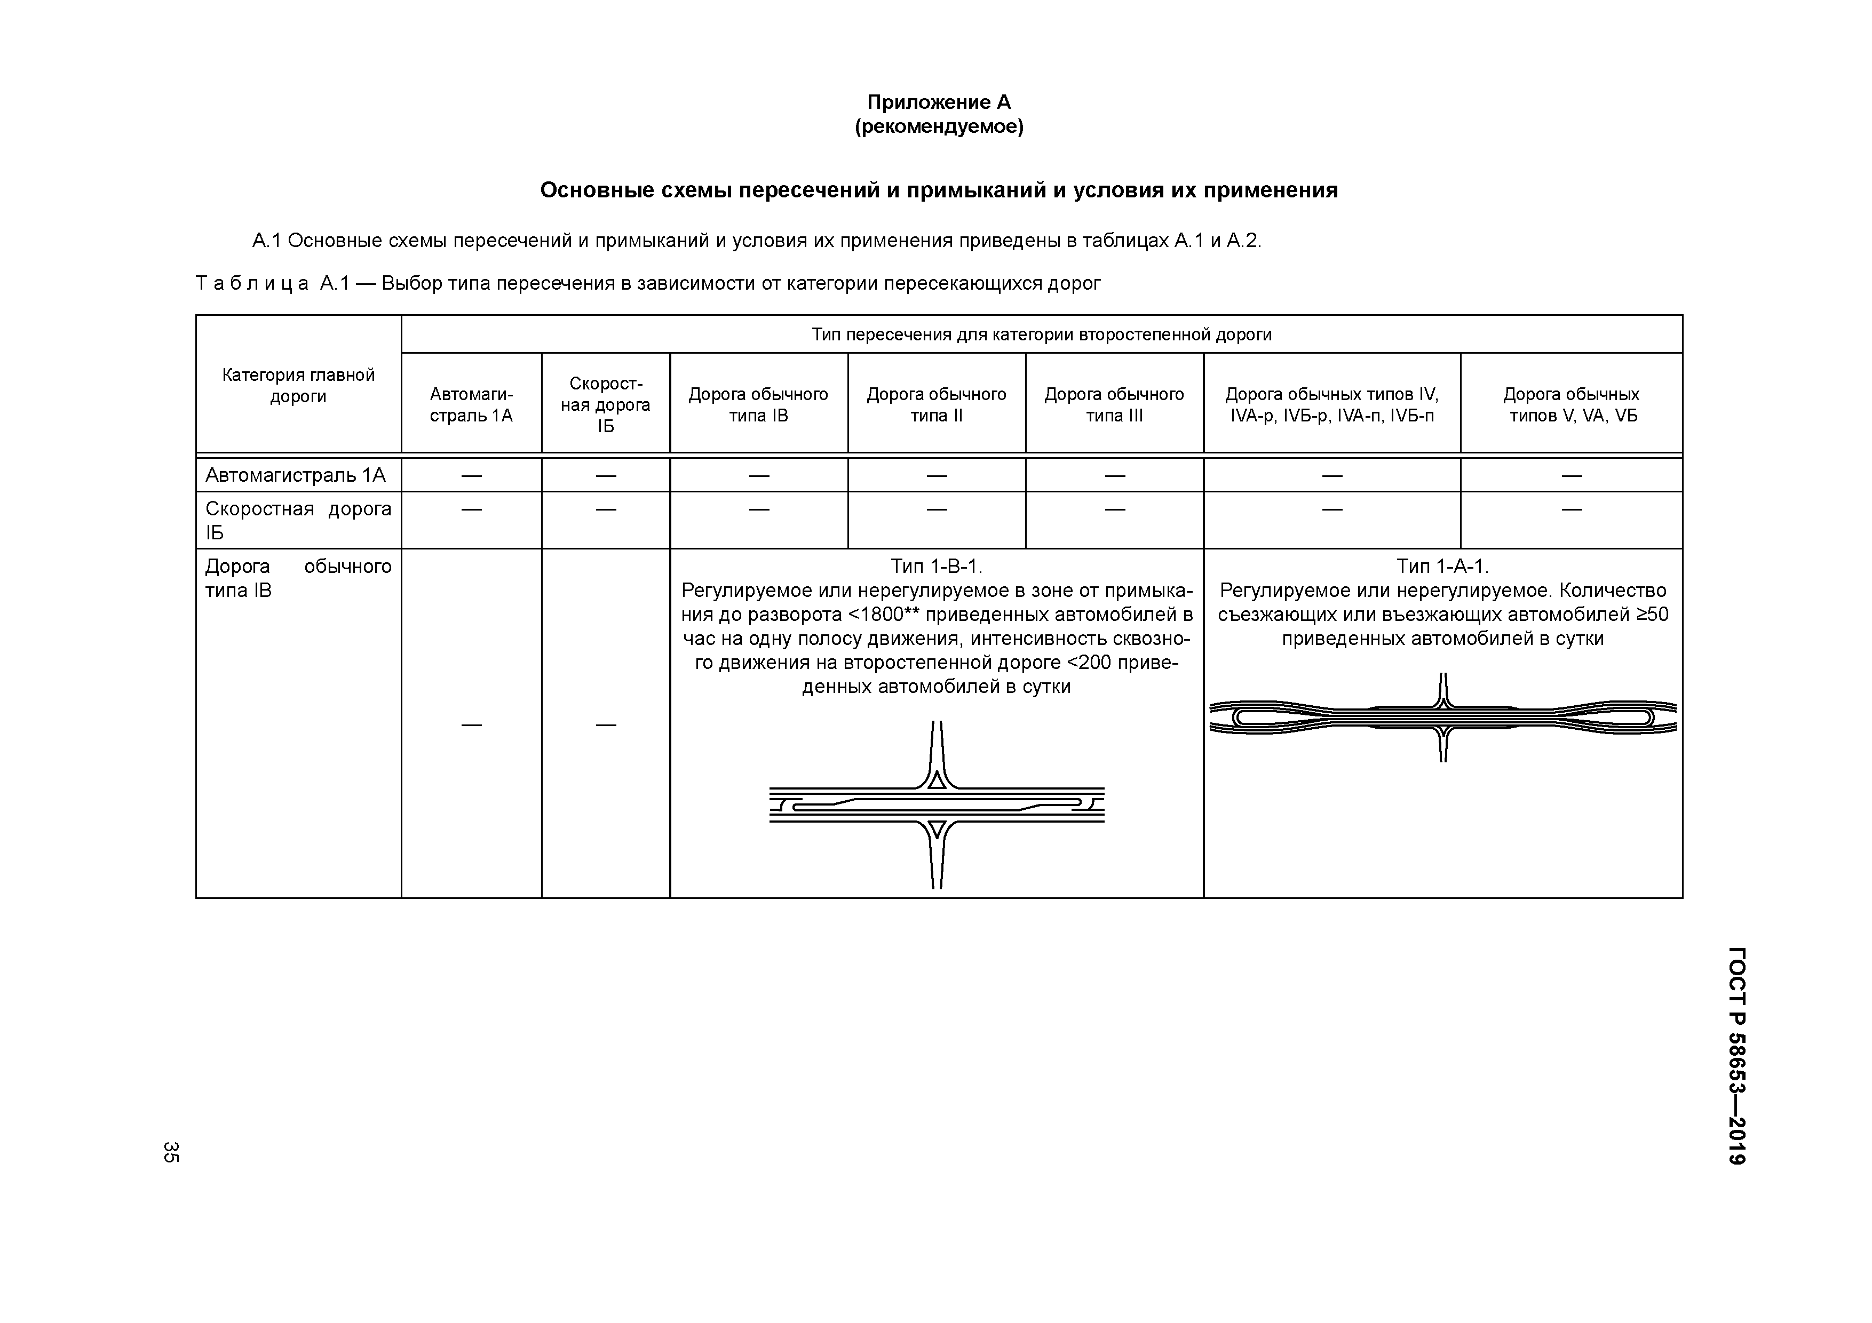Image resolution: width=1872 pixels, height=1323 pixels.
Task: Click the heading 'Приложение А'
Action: coord(939,102)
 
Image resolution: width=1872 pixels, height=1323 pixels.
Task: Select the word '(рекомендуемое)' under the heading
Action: coord(939,127)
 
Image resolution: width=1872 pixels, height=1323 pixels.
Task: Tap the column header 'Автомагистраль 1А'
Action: coord(471,404)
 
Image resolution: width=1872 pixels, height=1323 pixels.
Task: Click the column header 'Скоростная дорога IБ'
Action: coord(605,404)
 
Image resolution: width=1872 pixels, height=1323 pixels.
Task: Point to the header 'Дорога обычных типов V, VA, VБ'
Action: coord(1571,404)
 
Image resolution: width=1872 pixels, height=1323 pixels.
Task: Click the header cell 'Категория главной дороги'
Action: coord(298,386)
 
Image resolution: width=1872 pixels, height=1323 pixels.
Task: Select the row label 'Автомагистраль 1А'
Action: coord(295,474)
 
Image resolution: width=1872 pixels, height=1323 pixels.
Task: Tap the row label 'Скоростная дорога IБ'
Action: coord(298,520)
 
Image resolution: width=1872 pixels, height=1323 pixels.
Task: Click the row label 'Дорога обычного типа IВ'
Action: coord(298,578)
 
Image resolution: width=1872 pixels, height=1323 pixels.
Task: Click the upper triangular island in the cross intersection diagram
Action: coord(937,780)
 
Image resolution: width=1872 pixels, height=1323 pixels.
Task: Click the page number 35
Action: coord(170,1151)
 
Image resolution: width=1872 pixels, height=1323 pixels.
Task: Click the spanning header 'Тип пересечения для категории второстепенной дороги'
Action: coord(1041,334)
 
